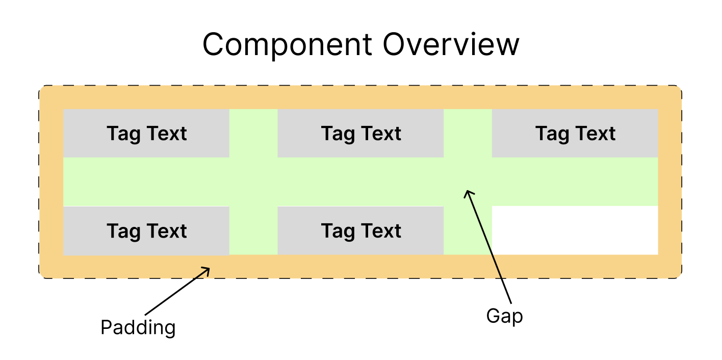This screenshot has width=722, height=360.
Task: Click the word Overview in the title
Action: (451, 45)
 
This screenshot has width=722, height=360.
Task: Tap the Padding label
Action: (138, 327)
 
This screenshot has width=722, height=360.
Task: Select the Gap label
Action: (504, 316)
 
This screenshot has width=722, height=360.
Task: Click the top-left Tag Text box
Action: (146, 134)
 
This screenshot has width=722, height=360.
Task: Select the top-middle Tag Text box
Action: (360, 134)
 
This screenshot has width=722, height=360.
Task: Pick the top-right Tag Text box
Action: (575, 134)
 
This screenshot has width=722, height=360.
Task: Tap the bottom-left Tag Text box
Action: (146, 231)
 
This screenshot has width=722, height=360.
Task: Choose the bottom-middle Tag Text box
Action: (360, 231)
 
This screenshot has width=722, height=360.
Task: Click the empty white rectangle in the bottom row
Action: (575, 230)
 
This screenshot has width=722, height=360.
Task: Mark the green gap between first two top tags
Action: (253, 133)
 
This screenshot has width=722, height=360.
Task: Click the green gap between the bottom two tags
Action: (253, 230)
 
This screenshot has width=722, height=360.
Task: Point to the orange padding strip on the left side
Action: (51, 182)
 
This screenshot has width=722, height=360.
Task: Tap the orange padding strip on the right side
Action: (669, 182)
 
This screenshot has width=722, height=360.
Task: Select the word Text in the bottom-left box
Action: (167, 231)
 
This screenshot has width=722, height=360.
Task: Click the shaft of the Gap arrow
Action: (489, 250)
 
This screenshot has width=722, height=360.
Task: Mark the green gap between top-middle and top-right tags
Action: (468, 133)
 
